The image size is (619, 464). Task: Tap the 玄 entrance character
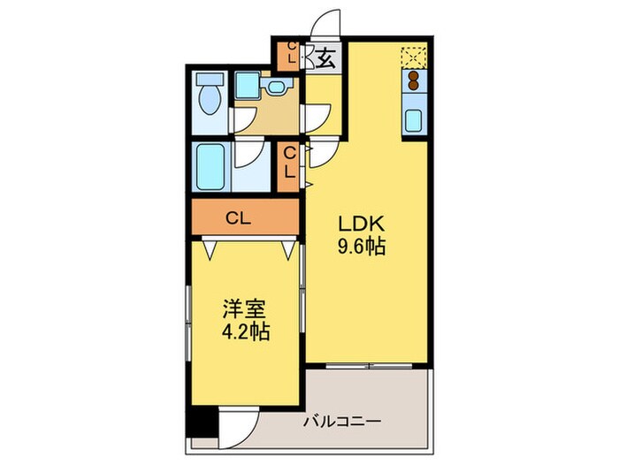(x=325, y=60)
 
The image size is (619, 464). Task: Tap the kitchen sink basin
(x=414, y=120)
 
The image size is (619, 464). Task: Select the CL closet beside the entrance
(x=288, y=56)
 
